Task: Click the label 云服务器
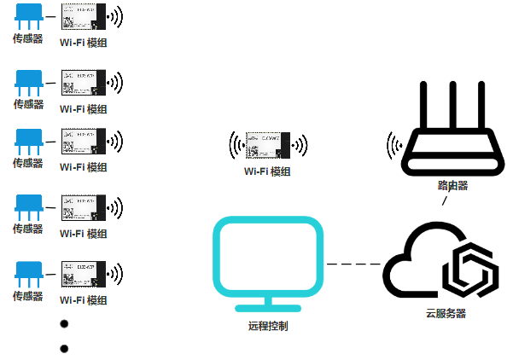click(446, 313)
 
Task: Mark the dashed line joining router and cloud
click(444, 202)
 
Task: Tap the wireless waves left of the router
click(394, 146)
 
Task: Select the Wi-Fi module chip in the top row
click(83, 17)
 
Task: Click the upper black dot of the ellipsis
click(64, 325)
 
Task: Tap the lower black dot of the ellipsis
click(64, 348)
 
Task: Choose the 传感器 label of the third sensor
click(27, 163)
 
